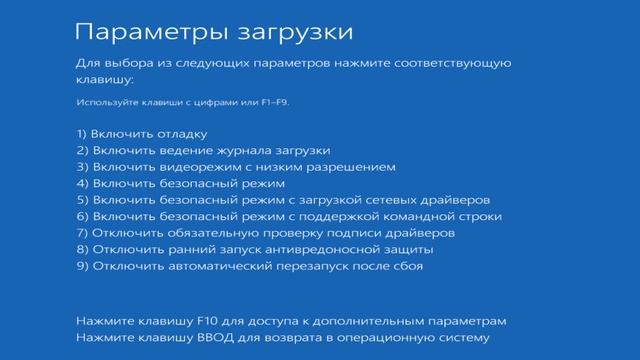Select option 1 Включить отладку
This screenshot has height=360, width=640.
[141, 133]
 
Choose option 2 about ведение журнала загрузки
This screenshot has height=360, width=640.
[189, 150]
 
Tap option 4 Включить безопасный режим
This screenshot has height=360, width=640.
[180, 183]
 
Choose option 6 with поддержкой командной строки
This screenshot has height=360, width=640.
[289, 216]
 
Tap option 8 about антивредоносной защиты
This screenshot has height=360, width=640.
[255, 249]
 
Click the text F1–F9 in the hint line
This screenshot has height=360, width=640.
[276, 103]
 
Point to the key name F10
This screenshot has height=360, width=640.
[213, 321]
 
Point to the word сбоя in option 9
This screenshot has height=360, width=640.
[407, 266]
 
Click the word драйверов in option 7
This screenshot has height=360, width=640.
[427, 233]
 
